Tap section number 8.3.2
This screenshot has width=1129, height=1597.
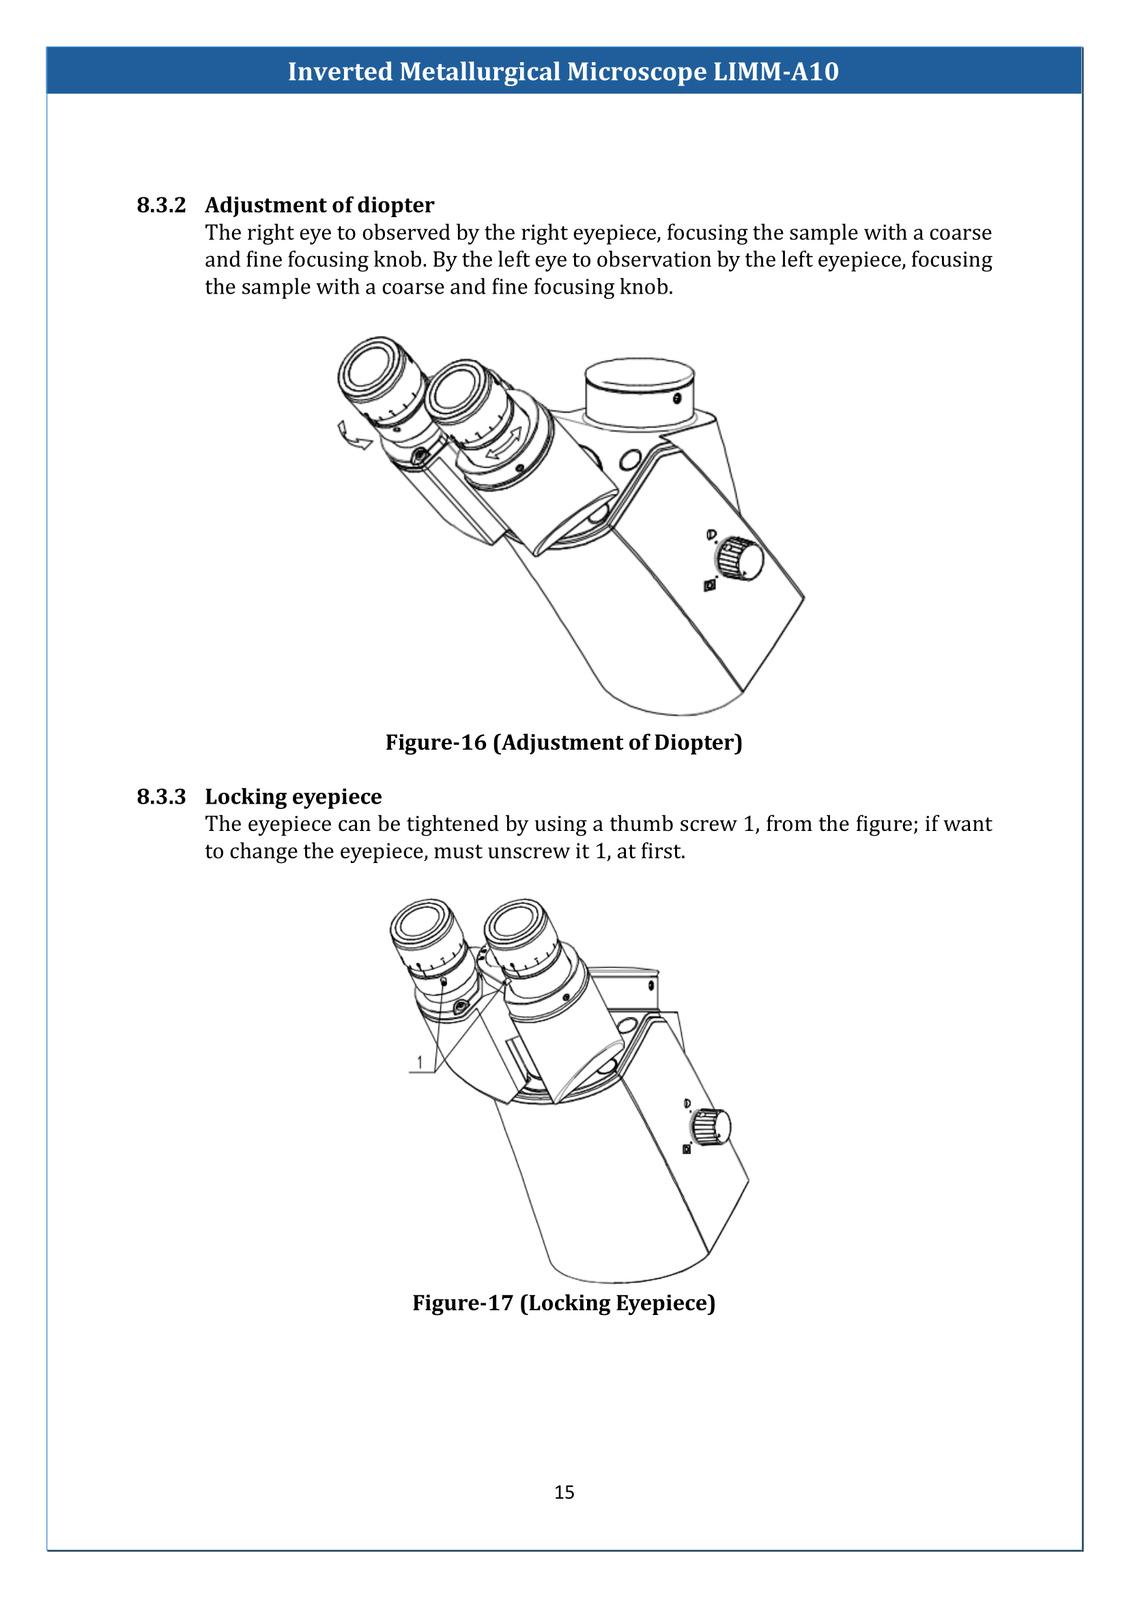pyautogui.click(x=161, y=206)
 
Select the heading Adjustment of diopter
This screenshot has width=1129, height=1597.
pyautogui.click(x=319, y=206)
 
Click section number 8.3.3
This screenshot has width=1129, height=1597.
pyautogui.click(x=161, y=796)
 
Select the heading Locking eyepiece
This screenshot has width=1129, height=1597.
pyautogui.click(x=293, y=796)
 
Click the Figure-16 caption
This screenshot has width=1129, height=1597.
pyautogui.click(x=564, y=742)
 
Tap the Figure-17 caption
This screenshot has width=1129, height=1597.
pyautogui.click(x=564, y=1302)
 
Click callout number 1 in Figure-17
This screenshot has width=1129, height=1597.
pyautogui.click(x=419, y=1062)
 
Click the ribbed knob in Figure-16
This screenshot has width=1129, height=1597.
pyautogui.click(x=739, y=558)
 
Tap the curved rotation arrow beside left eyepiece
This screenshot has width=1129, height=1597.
pyautogui.click(x=352, y=437)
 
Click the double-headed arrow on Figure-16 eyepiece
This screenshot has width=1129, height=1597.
pyautogui.click(x=504, y=443)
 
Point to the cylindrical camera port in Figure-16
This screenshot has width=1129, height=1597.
pyautogui.click(x=639, y=393)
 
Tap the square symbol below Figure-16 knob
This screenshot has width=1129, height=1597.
pyautogui.click(x=709, y=586)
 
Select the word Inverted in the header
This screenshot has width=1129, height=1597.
pyautogui.click(x=340, y=72)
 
